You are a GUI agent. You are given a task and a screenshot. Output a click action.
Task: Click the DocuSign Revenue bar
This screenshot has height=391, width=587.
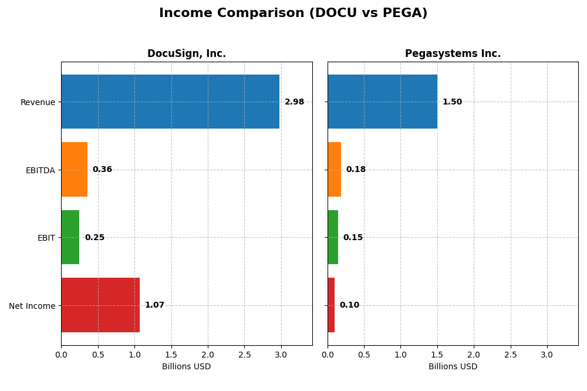(170, 102)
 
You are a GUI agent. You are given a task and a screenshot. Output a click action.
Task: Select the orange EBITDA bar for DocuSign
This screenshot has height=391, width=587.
(75, 170)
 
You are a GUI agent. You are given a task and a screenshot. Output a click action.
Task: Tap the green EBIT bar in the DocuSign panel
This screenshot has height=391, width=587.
(70, 237)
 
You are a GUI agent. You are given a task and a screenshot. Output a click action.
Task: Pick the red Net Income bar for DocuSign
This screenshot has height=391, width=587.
(100, 305)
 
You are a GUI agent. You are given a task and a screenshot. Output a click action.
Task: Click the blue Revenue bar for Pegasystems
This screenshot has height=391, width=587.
(382, 102)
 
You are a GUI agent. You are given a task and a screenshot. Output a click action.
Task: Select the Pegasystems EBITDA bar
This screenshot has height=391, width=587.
(335, 170)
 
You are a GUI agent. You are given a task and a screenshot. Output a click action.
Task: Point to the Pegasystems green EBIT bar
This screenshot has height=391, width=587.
(333, 237)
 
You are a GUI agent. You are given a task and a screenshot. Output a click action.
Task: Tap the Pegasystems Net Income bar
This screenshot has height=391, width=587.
(331, 305)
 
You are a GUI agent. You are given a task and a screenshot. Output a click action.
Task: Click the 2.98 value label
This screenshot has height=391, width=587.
(294, 102)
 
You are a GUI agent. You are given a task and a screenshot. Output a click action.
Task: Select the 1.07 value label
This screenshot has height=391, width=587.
(154, 305)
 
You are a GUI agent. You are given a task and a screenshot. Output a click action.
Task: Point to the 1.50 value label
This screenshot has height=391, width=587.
(452, 102)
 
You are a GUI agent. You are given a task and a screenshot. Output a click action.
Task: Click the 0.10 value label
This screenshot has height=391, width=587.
(349, 305)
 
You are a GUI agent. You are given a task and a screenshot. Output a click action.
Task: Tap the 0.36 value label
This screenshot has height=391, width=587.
(102, 170)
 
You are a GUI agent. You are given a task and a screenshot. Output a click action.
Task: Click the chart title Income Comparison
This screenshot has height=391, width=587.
(293, 13)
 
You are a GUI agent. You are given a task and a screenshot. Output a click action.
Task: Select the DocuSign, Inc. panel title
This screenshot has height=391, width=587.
(187, 54)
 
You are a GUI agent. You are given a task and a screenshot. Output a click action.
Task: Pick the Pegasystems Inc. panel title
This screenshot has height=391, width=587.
(453, 54)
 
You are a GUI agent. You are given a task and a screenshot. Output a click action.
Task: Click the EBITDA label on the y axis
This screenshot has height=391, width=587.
(41, 170)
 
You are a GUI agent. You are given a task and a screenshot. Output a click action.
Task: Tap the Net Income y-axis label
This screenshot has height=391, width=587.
(32, 306)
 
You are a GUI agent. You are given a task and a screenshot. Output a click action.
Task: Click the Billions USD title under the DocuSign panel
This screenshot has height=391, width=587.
(187, 367)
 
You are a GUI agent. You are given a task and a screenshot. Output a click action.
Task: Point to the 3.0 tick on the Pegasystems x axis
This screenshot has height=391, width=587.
(547, 355)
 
